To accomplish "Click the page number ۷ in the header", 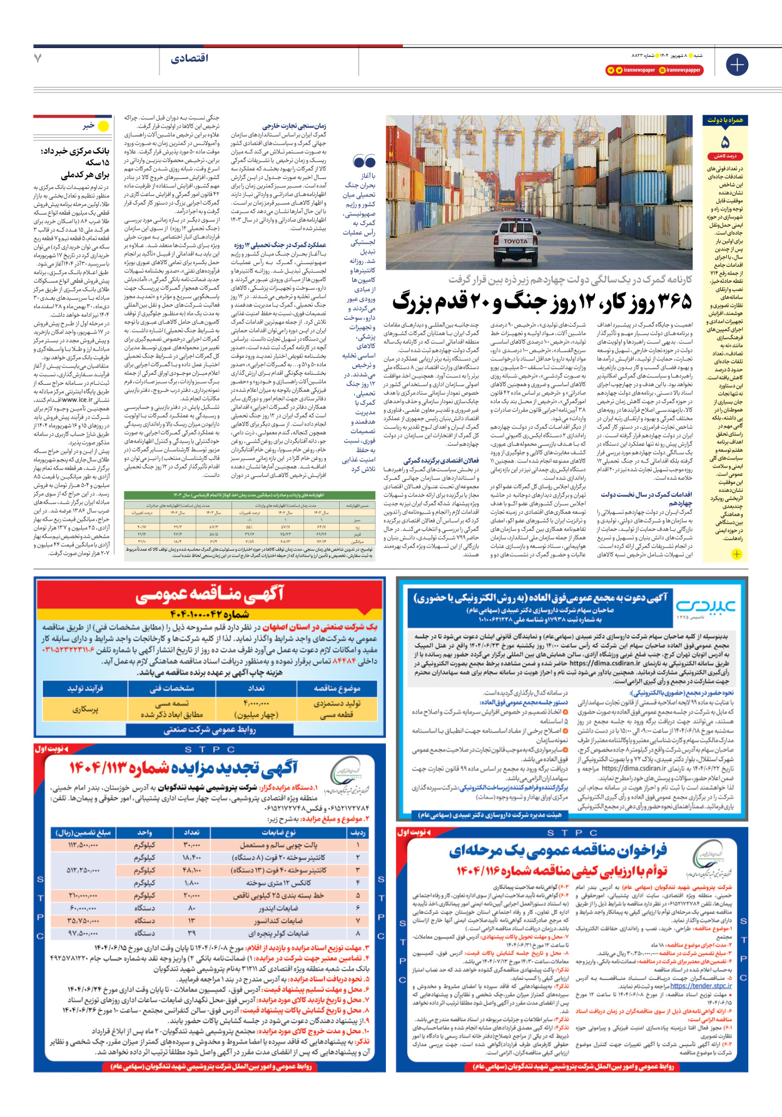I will click(x=38, y=58).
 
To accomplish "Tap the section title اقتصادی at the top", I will click(x=189, y=58).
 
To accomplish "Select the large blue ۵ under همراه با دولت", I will click(x=725, y=142).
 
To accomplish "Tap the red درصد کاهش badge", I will click(x=725, y=156).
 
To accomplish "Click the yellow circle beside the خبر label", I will click(x=103, y=126).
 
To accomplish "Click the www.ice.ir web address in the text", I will click(x=77, y=399).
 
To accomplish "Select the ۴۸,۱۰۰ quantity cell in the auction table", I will click(x=191, y=870).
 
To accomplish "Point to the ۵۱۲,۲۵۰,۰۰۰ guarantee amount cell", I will click(x=83, y=870).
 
